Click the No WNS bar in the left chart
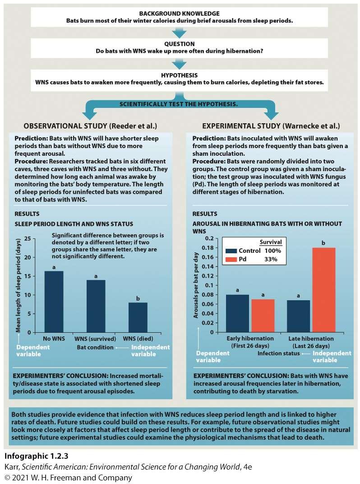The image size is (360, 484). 53,302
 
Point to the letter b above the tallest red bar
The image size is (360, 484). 323,243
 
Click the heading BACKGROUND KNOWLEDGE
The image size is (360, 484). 180,13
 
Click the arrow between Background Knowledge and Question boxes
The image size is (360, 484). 180,32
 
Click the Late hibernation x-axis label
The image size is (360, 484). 310,338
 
